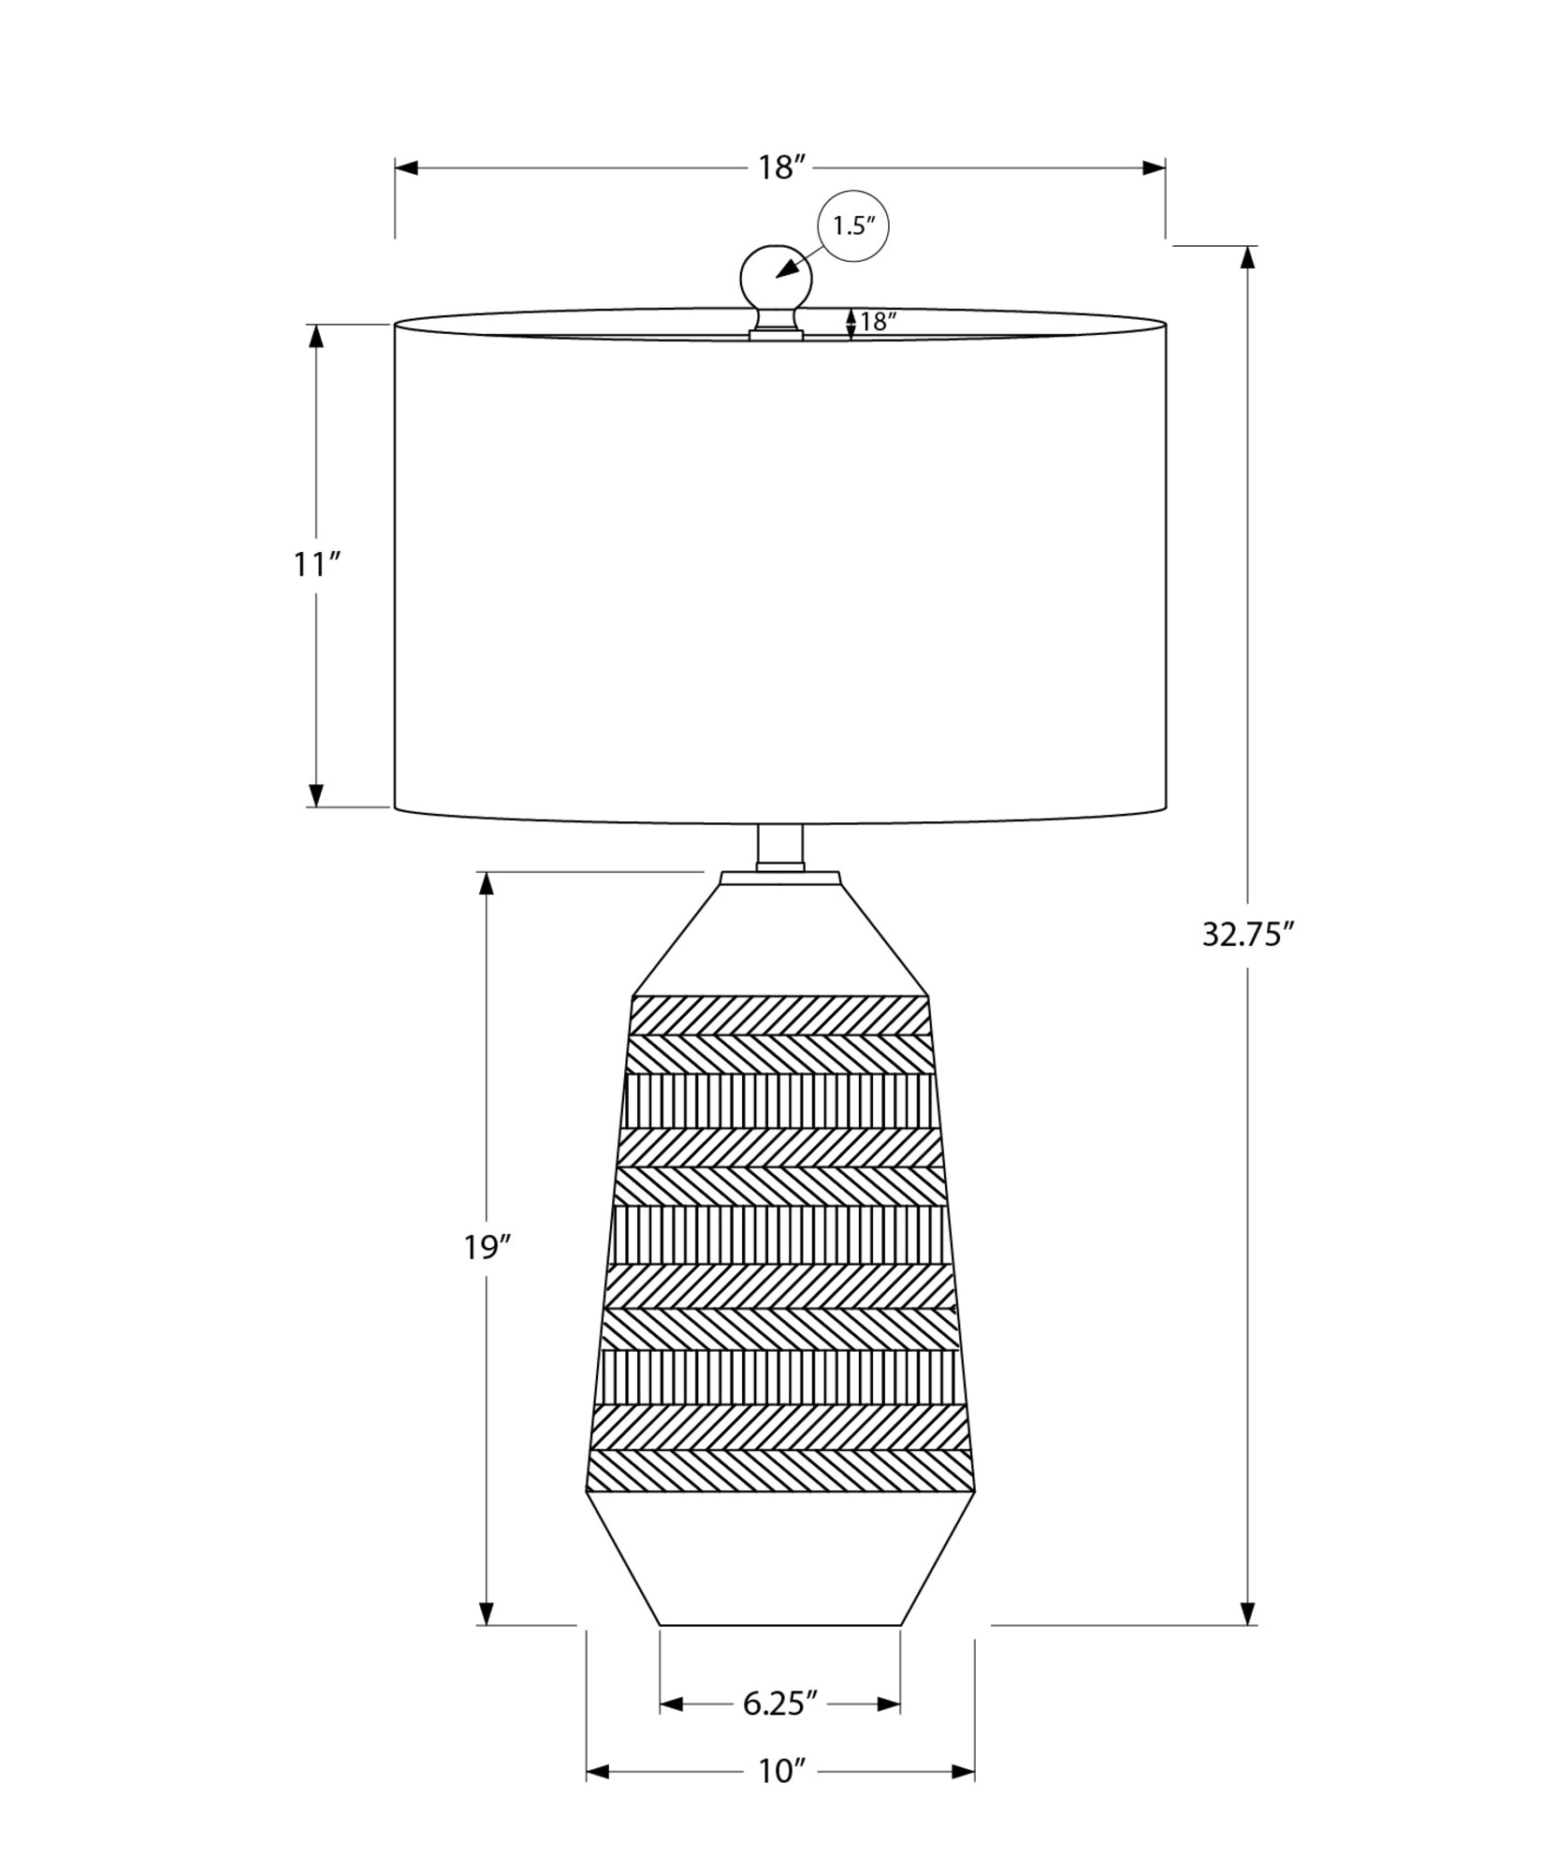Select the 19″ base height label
[487, 1247]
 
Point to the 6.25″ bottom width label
[780, 1730]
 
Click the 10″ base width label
[780, 1798]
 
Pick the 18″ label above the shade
[780, 168]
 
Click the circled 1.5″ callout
[852, 225]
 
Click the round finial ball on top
[776, 278]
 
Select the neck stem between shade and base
[780, 848]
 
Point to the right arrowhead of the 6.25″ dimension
[888, 1730]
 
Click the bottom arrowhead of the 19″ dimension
[487, 1612]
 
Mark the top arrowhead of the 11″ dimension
[316, 337]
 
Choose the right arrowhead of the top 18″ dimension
[1154, 168]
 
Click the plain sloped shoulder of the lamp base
[780, 935]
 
